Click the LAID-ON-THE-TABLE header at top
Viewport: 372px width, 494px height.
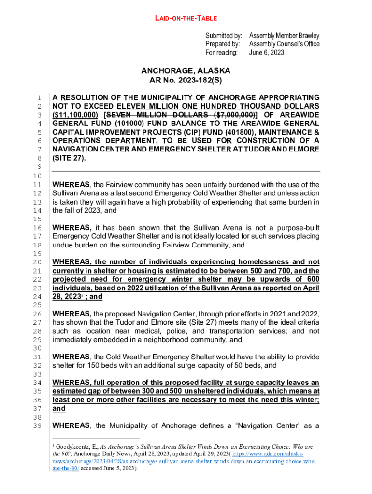[x=186, y=18]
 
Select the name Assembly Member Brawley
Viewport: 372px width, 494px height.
[x=284, y=36]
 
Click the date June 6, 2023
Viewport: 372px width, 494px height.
[x=266, y=52]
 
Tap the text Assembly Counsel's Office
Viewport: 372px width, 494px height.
[x=284, y=44]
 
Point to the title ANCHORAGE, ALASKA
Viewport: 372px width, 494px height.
[x=186, y=71]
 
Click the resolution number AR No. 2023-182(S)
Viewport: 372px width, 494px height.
[x=186, y=80]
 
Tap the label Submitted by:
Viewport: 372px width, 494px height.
[x=223, y=36]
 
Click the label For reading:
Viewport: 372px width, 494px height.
[x=221, y=52]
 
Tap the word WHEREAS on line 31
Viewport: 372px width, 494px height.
[x=71, y=357]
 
